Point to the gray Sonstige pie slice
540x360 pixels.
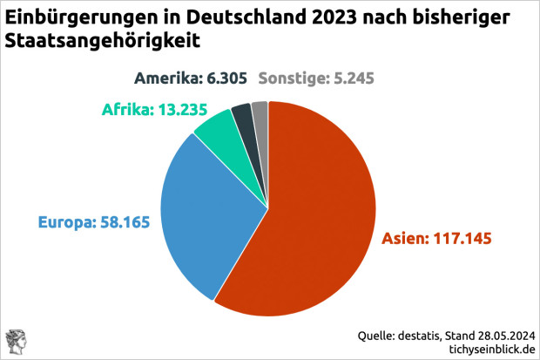pyautogui.click(x=260, y=112)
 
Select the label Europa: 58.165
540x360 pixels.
pyautogui.click(x=94, y=221)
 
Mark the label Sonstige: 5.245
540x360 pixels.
pyautogui.click(x=318, y=78)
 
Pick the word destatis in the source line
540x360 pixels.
pyautogui.click(x=422, y=334)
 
